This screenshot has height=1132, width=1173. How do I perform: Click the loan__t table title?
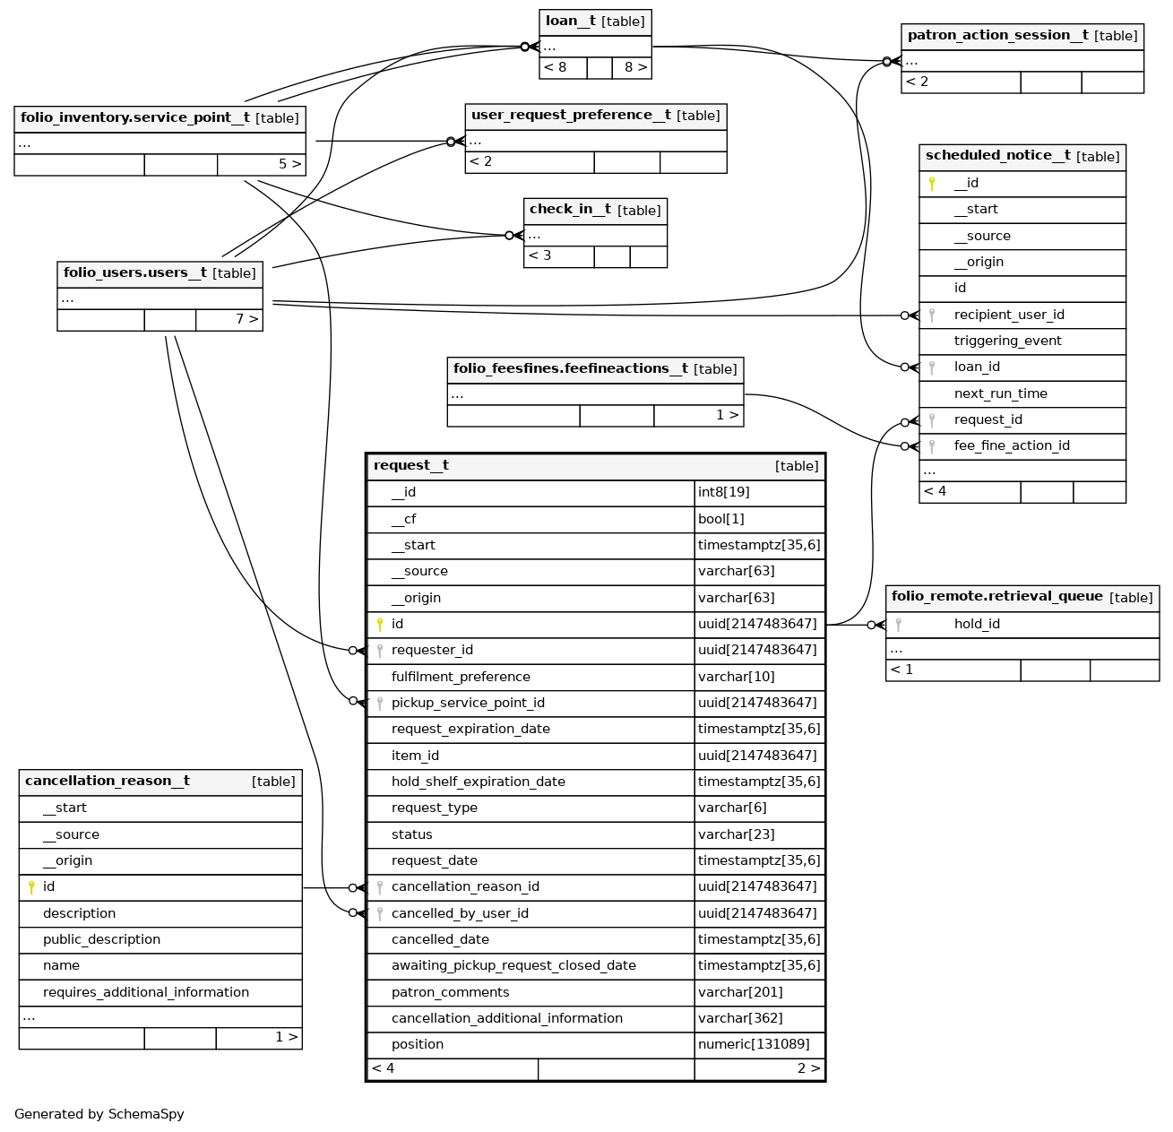click(x=570, y=22)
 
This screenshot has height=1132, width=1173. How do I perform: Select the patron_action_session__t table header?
click(x=997, y=36)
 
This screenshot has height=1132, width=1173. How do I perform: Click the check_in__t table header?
click(x=570, y=210)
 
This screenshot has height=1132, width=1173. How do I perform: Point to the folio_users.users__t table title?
click(x=134, y=273)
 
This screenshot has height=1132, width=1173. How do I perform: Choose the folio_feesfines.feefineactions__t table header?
click(x=570, y=369)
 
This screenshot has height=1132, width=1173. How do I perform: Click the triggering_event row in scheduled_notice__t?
click(x=1007, y=341)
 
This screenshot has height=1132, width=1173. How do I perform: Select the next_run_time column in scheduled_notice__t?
click(x=1000, y=393)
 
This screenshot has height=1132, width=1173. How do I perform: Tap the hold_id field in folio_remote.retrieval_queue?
click(x=977, y=624)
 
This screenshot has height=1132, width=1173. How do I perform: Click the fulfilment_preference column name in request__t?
click(x=461, y=677)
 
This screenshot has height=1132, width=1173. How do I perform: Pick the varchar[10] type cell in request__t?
click(x=736, y=677)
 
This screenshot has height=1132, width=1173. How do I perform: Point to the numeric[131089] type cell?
click(x=754, y=1044)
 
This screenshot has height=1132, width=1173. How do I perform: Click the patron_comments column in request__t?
click(x=450, y=992)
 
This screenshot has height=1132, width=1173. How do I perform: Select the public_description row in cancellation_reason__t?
click(x=101, y=939)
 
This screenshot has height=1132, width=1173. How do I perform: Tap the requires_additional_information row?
click(x=146, y=992)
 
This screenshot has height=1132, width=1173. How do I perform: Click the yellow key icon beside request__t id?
click(x=380, y=625)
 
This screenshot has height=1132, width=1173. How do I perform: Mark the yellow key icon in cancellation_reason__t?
click(x=31, y=887)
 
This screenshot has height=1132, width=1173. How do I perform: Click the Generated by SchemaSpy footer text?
click(x=99, y=1114)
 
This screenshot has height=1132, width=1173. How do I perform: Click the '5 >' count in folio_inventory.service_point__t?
click(x=289, y=165)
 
